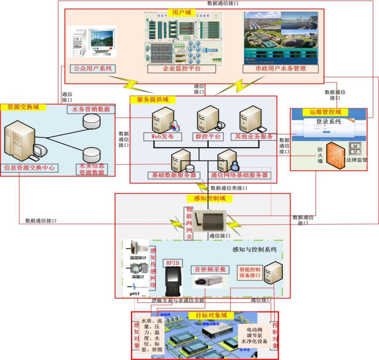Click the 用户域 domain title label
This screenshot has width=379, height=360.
point(181,13)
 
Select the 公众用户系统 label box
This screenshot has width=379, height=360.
point(93,68)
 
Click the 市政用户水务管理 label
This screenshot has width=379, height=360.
point(280,68)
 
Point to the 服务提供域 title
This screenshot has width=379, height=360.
point(153,100)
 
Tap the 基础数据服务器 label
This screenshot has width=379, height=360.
point(172,175)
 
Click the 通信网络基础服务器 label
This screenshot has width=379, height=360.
point(239,175)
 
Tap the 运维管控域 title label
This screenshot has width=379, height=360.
point(325,112)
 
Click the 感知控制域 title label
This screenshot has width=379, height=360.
point(210,198)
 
